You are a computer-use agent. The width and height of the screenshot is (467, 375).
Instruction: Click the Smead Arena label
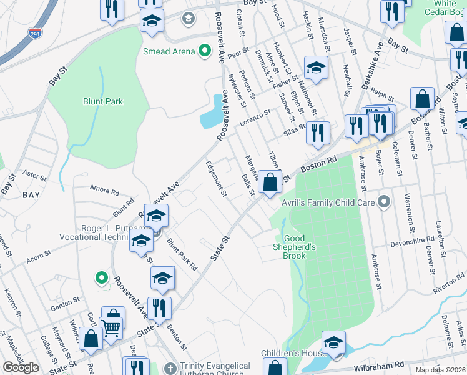click(169, 51)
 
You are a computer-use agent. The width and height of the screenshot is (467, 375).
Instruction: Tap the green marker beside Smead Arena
click(204, 51)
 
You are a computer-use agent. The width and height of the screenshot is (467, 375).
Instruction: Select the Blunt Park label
click(103, 101)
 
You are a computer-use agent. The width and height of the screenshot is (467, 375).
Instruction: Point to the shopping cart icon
click(111, 326)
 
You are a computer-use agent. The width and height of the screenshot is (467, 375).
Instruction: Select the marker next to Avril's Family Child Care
click(384, 202)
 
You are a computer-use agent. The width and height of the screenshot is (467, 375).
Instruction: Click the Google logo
click(21, 367)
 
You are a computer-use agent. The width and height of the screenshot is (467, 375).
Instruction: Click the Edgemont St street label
click(216, 178)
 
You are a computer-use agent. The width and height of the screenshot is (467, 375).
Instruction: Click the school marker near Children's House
click(333, 343)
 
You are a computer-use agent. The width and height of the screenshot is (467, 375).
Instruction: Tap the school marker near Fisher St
click(316, 67)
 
